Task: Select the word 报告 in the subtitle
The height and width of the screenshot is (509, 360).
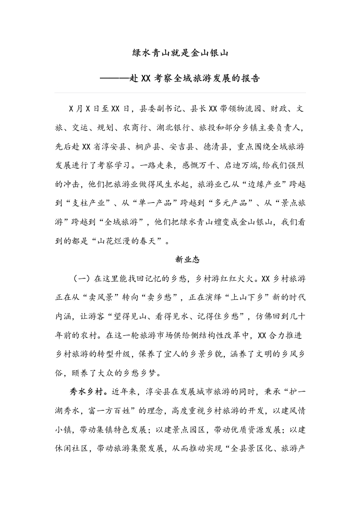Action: [250, 78]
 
